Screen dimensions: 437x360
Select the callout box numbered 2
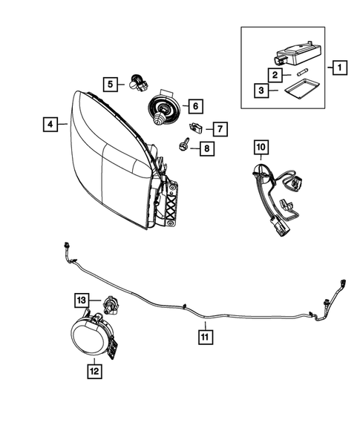(275, 75)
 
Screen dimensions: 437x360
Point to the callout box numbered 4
(49, 126)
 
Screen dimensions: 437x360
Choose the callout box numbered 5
(110, 85)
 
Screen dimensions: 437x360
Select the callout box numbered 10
(261, 149)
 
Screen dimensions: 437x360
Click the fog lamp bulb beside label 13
(108, 303)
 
